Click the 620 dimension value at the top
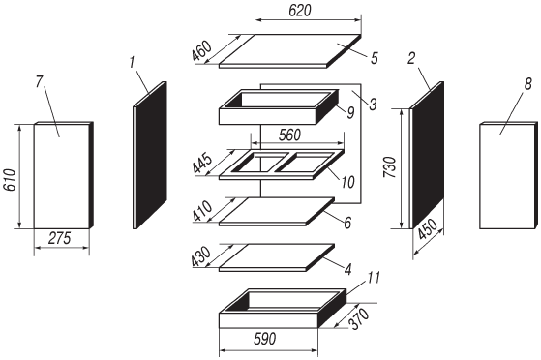[x=299, y=11]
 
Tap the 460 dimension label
[x=202, y=51]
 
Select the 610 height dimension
[x=10, y=180]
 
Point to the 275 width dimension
[x=60, y=238]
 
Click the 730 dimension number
[x=390, y=167]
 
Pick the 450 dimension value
[x=428, y=229]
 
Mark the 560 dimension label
[x=289, y=135]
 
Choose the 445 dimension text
[x=202, y=164]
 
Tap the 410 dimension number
[x=202, y=211]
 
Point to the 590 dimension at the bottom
[x=265, y=339]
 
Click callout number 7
[x=39, y=81]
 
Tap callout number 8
[x=528, y=84]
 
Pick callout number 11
[x=373, y=278]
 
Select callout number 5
[x=375, y=58]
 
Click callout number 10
[x=347, y=182]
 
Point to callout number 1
[x=133, y=63]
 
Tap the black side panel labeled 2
[x=428, y=155]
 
